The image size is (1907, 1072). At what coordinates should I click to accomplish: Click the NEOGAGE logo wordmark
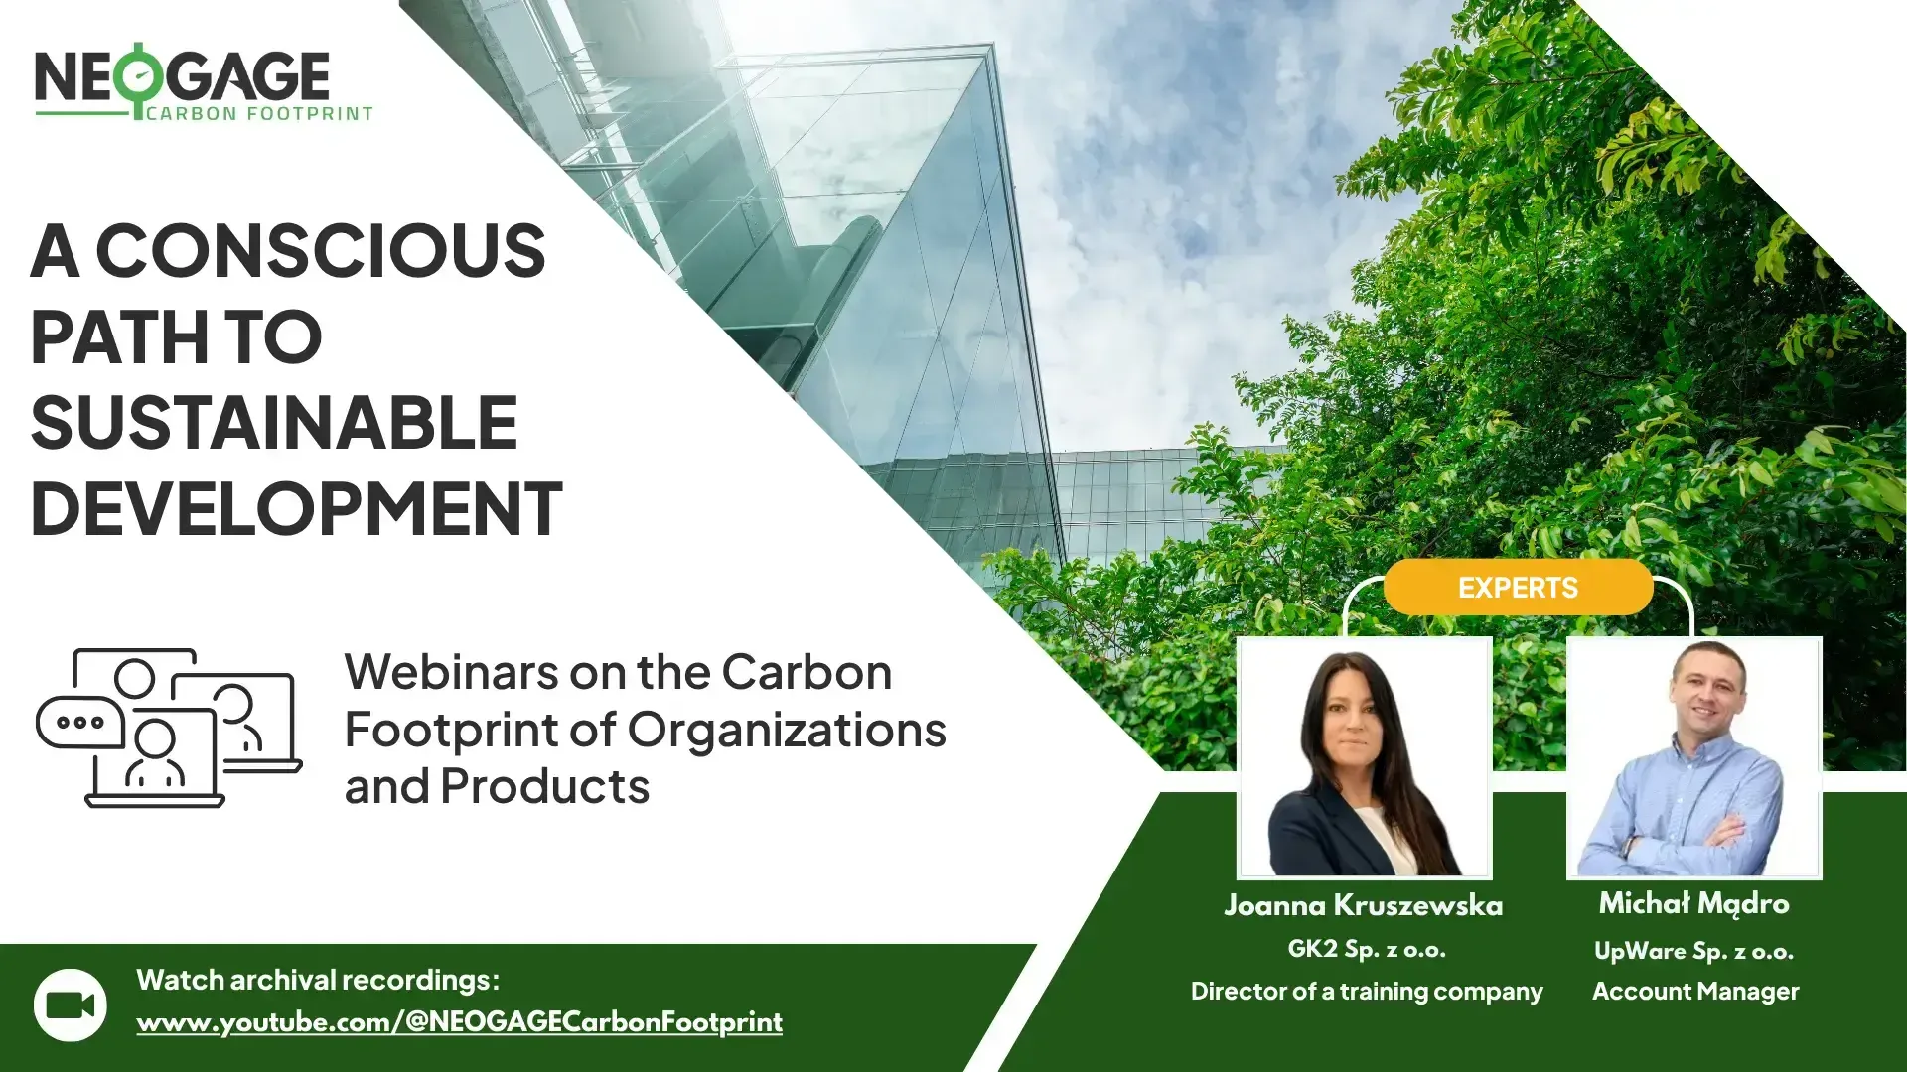click(182, 76)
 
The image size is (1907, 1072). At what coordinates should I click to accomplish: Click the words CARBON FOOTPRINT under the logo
click(259, 114)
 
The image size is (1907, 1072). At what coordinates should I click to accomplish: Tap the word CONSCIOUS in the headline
click(320, 250)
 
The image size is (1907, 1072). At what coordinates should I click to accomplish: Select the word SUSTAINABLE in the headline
click(274, 423)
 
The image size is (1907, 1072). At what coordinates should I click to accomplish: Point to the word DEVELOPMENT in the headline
click(296, 508)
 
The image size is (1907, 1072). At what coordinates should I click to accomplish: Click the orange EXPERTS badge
click(1517, 588)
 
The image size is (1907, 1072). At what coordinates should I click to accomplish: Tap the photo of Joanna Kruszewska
click(1364, 758)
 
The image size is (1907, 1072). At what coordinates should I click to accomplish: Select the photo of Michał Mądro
click(1693, 758)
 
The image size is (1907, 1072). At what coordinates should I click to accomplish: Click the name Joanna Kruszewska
click(1363, 905)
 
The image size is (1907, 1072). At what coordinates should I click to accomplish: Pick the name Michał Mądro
click(1693, 903)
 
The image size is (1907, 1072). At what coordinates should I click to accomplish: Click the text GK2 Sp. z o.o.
click(1366, 949)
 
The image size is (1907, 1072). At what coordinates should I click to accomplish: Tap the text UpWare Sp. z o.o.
click(1693, 951)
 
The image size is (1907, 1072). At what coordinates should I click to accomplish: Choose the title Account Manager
click(1695, 991)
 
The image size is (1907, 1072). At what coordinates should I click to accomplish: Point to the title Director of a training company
click(1367, 991)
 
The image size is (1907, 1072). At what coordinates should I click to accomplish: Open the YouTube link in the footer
click(459, 1022)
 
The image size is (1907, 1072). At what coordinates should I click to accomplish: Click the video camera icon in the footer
click(71, 1005)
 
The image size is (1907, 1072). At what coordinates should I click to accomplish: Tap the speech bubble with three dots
click(79, 722)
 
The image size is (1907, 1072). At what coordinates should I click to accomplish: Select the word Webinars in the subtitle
click(451, 672)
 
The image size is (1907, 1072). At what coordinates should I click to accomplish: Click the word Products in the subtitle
click(544, 786)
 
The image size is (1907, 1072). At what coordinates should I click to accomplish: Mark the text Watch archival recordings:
click(318, 980)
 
